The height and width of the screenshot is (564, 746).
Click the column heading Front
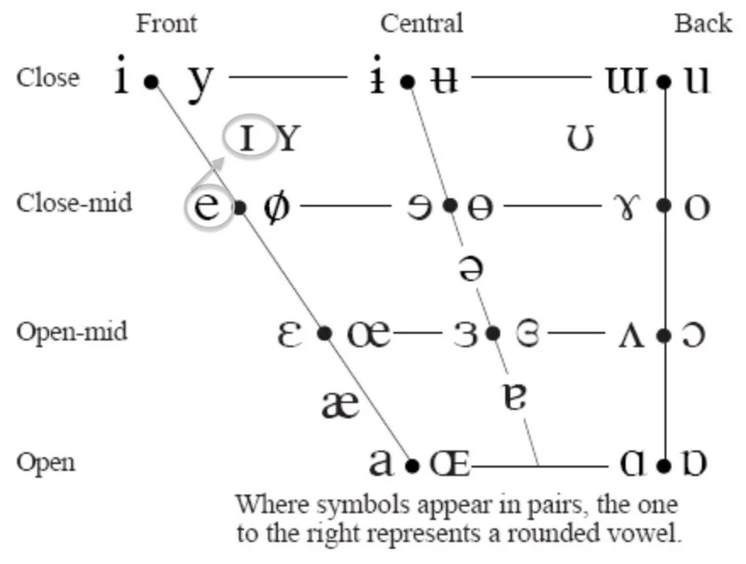[166, 23]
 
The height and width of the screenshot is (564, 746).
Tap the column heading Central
[421, 23]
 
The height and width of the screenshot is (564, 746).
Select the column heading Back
[703, 23]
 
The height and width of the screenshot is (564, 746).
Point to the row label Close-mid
[75, 203]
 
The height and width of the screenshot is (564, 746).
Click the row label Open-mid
[72, 331]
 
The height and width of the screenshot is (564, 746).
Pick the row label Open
[46, 462]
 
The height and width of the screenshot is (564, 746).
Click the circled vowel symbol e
[209, 207]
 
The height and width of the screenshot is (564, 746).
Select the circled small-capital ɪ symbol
[248, 136]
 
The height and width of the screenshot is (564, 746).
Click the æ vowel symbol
[342, 405]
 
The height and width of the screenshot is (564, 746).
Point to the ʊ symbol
[580, 137]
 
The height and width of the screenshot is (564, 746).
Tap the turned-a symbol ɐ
[515, 397]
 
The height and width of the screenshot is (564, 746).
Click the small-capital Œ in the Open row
[448, 464]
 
